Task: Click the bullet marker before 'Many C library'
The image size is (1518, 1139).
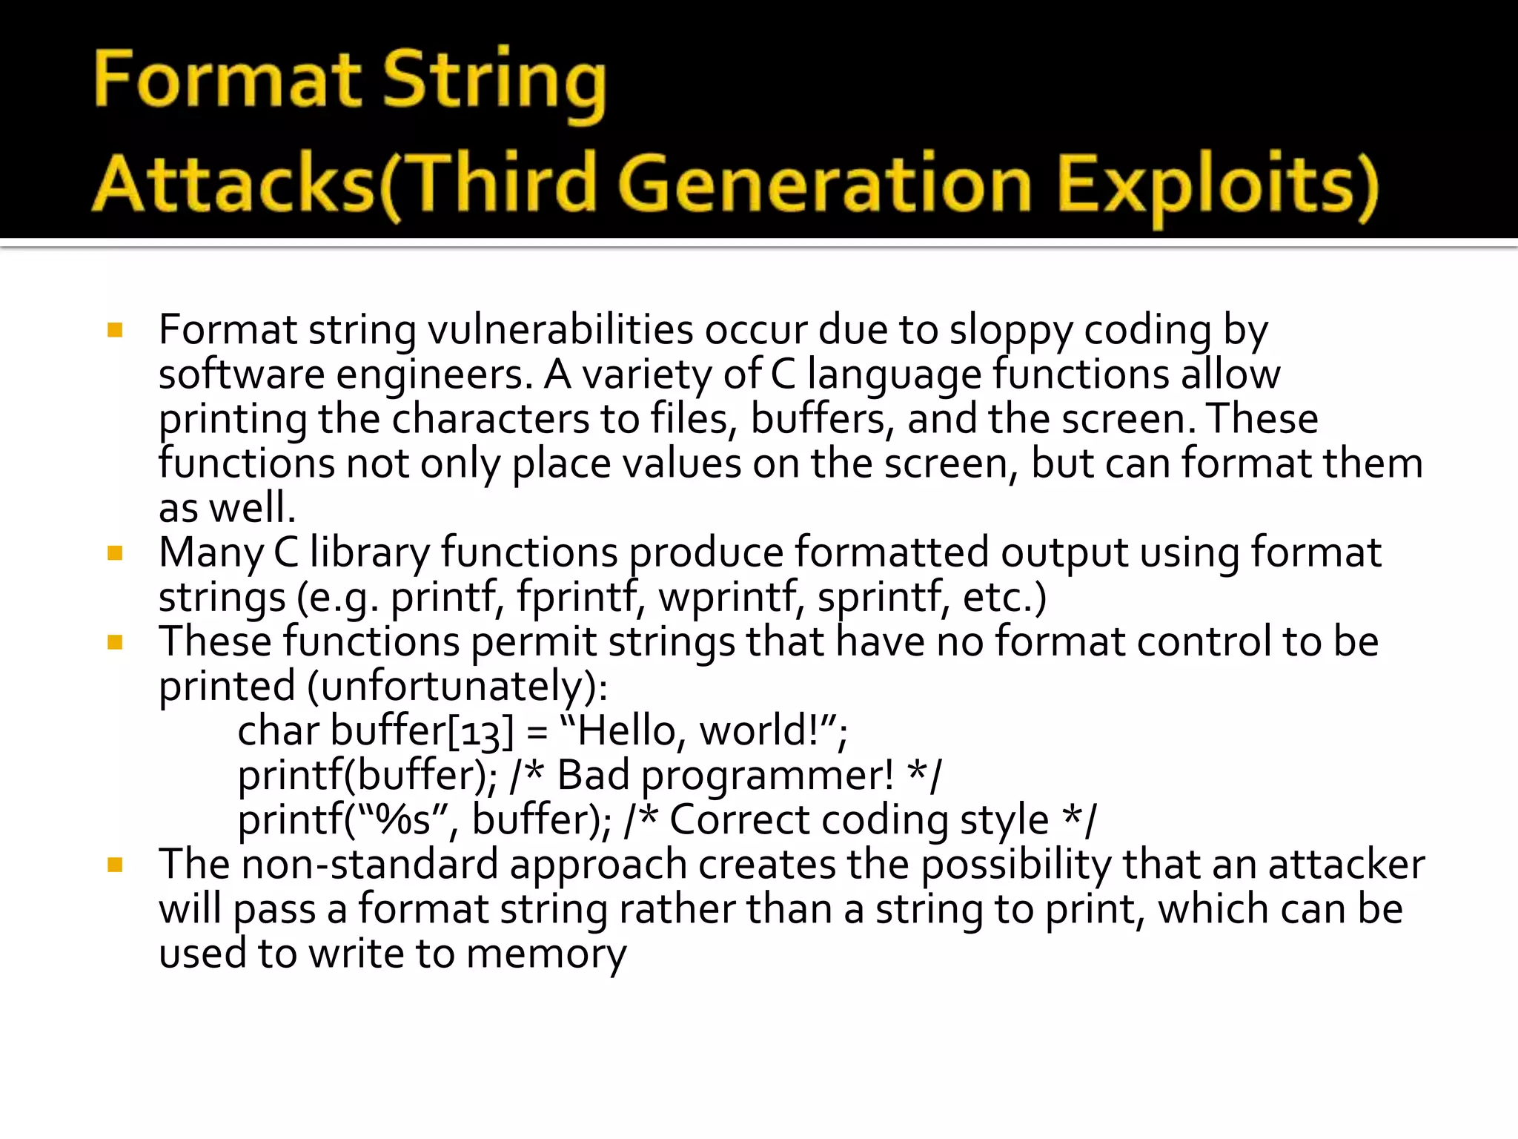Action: click(115, 552)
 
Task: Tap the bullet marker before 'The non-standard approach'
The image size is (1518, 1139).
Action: click(115, 864)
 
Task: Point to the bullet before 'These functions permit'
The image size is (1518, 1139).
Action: click(115, 641)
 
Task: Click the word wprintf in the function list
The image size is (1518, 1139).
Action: click(731, 597)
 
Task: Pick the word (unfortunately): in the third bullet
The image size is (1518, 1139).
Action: click(457, 687)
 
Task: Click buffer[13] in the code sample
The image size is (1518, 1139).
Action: click(422, 731)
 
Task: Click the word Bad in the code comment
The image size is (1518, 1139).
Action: click(593, 776)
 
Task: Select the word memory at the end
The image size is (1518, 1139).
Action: click(546, 954)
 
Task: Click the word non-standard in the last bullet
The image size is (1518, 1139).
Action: click(370, 865)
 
